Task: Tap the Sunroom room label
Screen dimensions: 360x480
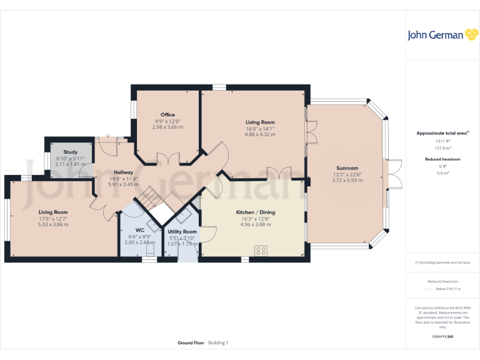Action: point(347,168)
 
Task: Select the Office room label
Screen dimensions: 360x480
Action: point(167,115)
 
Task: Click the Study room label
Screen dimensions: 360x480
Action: point(70,152)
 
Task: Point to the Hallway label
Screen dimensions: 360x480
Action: point(123,172)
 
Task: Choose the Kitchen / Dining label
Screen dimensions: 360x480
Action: point(255,212)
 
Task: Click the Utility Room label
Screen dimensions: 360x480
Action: point(182,232)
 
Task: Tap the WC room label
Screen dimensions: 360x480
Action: point(139,230)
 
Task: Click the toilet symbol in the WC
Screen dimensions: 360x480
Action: point(149,250)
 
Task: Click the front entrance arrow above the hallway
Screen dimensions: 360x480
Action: point(109,134)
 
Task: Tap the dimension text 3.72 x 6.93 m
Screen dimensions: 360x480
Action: point(347,180)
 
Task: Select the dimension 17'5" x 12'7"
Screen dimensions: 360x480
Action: point(52,219)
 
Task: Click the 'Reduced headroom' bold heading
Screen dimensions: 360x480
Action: point(442,159)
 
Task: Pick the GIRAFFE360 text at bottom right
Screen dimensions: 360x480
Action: point(442,337)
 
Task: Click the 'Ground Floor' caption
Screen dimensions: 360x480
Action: point(191,342)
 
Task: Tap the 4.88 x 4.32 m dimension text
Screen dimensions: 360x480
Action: point(259,134)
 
